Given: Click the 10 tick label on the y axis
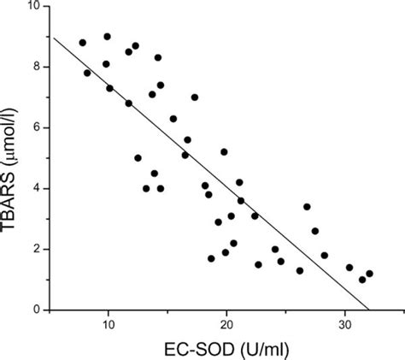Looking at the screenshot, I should coord(34,7).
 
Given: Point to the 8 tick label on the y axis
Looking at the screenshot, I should coord(38,67).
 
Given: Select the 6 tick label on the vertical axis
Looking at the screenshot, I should coord(38,127).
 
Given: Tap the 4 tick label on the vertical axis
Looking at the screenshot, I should coord(38,188).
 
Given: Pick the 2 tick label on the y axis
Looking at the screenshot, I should coord(38,249).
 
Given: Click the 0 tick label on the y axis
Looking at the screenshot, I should coord(38,310).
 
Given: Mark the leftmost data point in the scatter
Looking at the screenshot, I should coord(82,42).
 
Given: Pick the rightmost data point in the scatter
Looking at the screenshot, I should coord(369,274).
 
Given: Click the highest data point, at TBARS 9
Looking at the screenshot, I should coord(107,37).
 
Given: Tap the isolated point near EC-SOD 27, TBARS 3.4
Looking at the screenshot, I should coord(307,206).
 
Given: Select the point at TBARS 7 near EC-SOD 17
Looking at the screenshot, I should coord(195,97).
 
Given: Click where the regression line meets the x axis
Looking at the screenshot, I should coord(368,310).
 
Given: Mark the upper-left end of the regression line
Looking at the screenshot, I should coord(53,37).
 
